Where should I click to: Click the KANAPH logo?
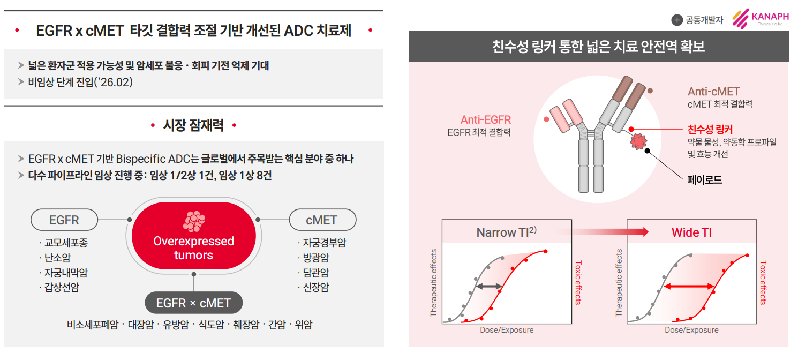761,18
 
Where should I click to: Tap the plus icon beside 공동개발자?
677,20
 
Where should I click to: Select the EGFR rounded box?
64,220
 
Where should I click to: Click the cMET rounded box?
322,220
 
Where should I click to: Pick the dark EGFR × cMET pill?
193,303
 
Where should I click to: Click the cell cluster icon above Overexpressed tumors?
194,221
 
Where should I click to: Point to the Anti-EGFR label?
486,119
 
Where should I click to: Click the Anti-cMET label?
713,92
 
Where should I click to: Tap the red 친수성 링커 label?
710,129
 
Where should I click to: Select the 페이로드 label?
705,179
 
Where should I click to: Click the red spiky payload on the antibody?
638,141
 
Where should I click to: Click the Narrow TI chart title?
506,232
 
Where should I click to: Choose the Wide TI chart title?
691,232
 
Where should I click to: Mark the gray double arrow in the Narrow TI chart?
489,286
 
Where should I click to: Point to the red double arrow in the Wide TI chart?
689,286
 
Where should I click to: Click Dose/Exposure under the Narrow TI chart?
507,330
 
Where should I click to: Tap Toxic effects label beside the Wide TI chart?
763,283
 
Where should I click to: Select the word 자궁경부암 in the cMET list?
324,243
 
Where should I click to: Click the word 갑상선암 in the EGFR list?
62,287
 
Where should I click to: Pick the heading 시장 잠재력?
193,125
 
